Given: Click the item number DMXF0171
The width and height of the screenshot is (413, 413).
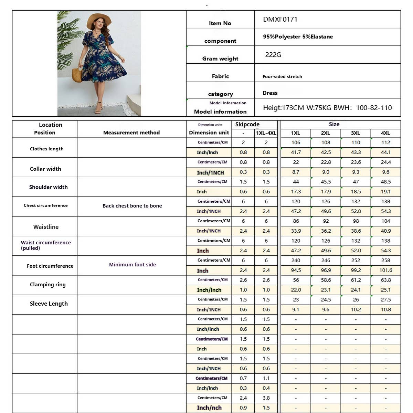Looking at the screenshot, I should [x=280, y=20].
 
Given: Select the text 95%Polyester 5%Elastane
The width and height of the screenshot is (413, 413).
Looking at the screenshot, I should [x=298, y=37].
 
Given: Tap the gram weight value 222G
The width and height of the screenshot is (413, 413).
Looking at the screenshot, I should [x=273, y=55].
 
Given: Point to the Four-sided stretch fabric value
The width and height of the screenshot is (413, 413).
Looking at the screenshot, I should [x=282, y=76].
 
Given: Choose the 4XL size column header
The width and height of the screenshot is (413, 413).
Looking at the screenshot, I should [x=385, y=133].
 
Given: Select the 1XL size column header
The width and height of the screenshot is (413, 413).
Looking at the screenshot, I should [x=296, y=133].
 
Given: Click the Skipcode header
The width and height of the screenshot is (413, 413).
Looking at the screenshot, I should [x=247, y=125].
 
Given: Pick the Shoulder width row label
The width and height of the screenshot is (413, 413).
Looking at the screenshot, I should [x=48, y=187].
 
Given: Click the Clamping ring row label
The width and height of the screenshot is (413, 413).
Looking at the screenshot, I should [x=47, y=285].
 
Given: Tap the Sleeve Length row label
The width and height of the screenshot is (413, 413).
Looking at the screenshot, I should [x=49, y=304].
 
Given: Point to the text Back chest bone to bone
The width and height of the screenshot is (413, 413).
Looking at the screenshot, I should [x=132, y=206].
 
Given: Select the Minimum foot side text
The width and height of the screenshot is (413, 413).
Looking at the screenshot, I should [x=133, y=265].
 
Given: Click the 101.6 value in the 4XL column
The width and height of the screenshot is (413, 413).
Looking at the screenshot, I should [x=385, y=271].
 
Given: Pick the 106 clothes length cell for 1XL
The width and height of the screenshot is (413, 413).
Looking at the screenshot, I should [x=296, y=142].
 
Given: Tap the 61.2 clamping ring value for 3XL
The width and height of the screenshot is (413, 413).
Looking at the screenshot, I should [x=356, y=280].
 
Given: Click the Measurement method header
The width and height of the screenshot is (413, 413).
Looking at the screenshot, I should [x=131, y=133].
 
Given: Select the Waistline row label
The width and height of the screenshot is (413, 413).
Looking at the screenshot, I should [x=46, y=227].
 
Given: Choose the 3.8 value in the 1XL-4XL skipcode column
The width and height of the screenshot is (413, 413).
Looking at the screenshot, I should [x=266, y=398].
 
